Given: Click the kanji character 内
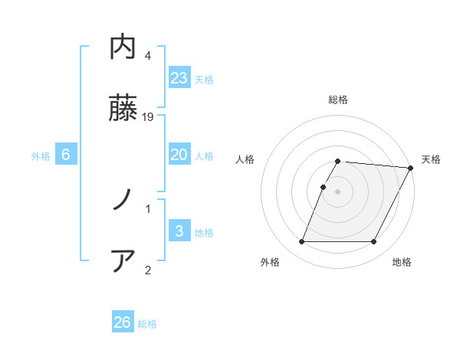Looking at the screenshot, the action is click(123, 48).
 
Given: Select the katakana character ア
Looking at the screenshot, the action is click(123, 260).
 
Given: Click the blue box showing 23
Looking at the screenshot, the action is click(179, 77).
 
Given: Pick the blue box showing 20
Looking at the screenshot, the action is click(179, 155).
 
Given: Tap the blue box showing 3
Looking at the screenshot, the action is click(179, 231).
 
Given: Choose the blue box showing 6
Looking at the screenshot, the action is click(66, 155).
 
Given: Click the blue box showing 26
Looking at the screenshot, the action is click(123, 322).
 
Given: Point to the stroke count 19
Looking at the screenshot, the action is click(149, 117).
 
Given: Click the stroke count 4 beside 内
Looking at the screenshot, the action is click(148, 56).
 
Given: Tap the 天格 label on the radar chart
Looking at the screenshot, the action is click(431, 159).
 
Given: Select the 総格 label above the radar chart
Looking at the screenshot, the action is click(338, 100).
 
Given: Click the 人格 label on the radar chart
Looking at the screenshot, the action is click(245, 159).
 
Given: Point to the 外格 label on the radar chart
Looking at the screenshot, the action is click(270, 263).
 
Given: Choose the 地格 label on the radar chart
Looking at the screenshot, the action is click(402, 263).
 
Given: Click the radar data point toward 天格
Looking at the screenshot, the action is click(411, 168).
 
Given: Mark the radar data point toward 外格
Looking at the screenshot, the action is click(302, 242).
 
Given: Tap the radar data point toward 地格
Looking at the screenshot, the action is click(374, 242).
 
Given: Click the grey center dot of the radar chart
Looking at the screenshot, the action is click(338, 191).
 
